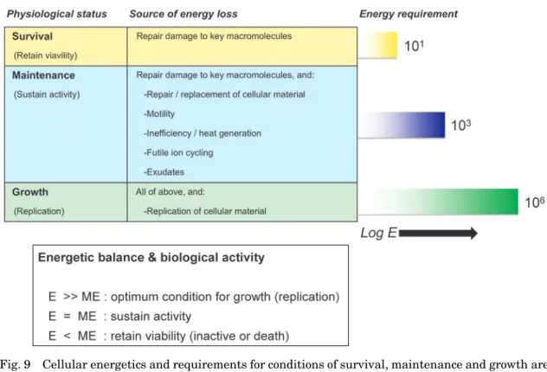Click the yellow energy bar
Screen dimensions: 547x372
378,45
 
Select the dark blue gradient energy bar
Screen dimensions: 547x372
402,125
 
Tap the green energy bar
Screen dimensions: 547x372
439,202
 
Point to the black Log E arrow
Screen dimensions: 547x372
438,233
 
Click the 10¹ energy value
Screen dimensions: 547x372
414,46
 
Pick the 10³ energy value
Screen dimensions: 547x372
460,125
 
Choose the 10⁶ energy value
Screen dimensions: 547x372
534,202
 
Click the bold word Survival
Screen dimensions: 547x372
32,36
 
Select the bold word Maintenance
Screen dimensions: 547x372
43,75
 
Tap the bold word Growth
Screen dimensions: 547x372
30,192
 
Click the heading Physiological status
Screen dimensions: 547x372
57,14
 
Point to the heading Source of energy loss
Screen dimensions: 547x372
183,14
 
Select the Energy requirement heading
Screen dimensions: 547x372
409,14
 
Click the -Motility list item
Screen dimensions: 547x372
159,114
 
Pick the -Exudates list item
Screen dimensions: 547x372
164,172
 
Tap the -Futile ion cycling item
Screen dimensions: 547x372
178,153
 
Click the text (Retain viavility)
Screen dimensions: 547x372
45,55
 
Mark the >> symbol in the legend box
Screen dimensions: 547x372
70,297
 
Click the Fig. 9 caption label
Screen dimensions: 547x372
16,364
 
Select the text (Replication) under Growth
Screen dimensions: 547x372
39,211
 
